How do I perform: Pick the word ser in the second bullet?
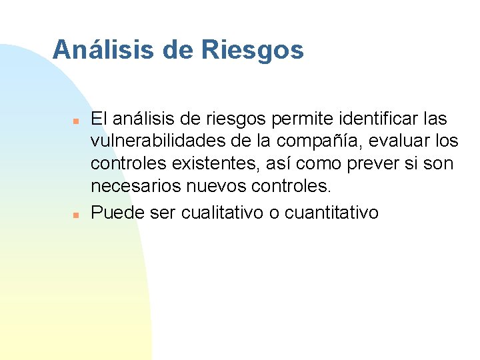[151, 213]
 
